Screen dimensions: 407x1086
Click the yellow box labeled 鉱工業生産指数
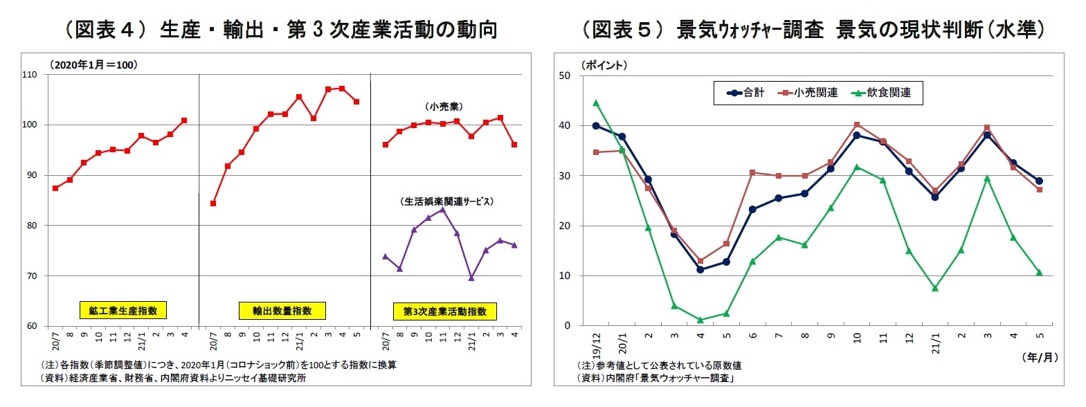pyautogui.click(x=123, y=311)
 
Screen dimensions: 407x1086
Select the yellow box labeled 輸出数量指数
pyautogui.click(x=282, y=311)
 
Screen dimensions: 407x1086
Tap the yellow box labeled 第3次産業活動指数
pyautogui.click(x=445, y=311)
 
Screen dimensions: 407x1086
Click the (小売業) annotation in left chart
pyautogui.click(x=444, y=107)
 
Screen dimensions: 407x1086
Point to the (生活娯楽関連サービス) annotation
pyautogui.click(x=448, y=201)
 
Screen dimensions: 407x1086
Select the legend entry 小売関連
pyautogui.click(x=809, y=93)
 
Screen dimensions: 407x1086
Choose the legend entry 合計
pyautogui.click(x=747, y=93)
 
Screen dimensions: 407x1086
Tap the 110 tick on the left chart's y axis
pyautogui.click(x=30, y=75)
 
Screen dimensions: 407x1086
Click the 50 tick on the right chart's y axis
pyautogui.click(x=565, y=75)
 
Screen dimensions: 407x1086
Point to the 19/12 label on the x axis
pyautogui.click(x=596, y=341)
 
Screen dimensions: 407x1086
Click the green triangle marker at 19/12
pyautogui.click(x=596, y=103)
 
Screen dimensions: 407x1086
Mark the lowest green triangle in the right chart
pyautogui.click(x=700, y=320)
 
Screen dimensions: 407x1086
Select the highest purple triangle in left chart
pyautogui.click(x=443, y=210)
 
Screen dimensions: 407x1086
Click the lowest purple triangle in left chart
pyautogui.click(x=471, y=278)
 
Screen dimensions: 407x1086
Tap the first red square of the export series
pyautogui.click(x=213, y=203)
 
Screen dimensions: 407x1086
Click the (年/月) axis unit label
pyautogui.click(x=1039, y=357)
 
